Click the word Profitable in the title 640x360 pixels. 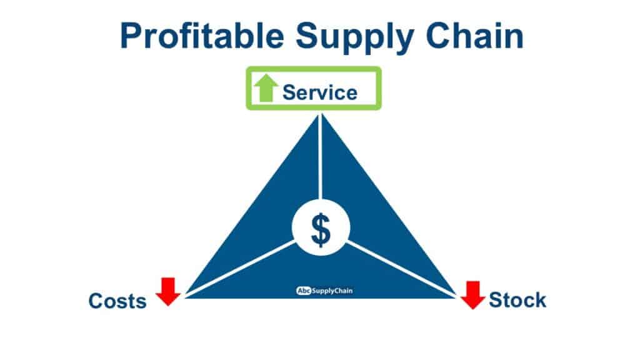click(x=202, y=36)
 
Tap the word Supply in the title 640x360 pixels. click(x=355, y=38)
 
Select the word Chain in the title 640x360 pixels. click(x=475, y=36)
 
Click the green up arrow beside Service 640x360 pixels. click(x=266, y=87)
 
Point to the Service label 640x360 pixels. click(x=320, y=92)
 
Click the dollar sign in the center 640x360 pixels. click(x=321, y=230)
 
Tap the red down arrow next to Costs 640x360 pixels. click(x=168, y=291)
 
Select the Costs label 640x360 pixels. click(x=117, y=301)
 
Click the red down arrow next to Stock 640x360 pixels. click(x=472, y=295)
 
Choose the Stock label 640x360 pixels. click(x=517, y=300)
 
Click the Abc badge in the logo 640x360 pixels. click(x=304, y=291)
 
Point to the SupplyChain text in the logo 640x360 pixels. click(x=332, y=291)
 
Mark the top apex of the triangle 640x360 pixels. click(x=321, y=115)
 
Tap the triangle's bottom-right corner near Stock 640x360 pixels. click(x=456, y=297)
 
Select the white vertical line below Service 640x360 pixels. click(x=321, y=157)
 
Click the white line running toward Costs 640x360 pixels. click(x=240, y=269)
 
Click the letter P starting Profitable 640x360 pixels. click(x=131, y=36)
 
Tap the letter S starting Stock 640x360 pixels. click(x=496, y=300)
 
